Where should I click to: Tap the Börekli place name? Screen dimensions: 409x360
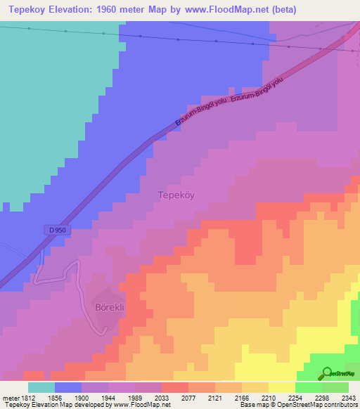pyautogui.click(x=109, y=307)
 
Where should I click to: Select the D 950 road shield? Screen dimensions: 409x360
pyautogui.click(x=58, y=230)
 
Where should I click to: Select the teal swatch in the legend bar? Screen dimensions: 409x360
pyautogui.click(x=41, y=387)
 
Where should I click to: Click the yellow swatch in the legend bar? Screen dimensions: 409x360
pyautogui.click(x=281, y=387)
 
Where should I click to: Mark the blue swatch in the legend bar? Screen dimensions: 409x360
pyautogui.click(x=68, y=387)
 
